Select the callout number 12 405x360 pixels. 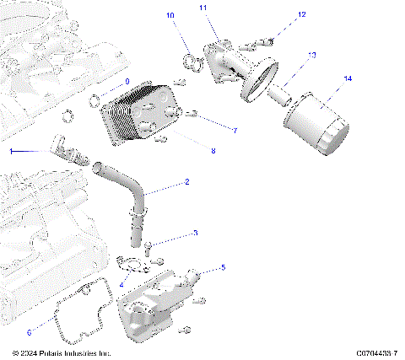[302, 14]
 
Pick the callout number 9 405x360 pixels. [128, 82]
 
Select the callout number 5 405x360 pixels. [223, 268]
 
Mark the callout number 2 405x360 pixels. [186, 182]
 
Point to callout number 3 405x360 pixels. [196, 233]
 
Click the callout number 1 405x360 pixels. [12, 152]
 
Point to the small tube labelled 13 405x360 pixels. [278, 95]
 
